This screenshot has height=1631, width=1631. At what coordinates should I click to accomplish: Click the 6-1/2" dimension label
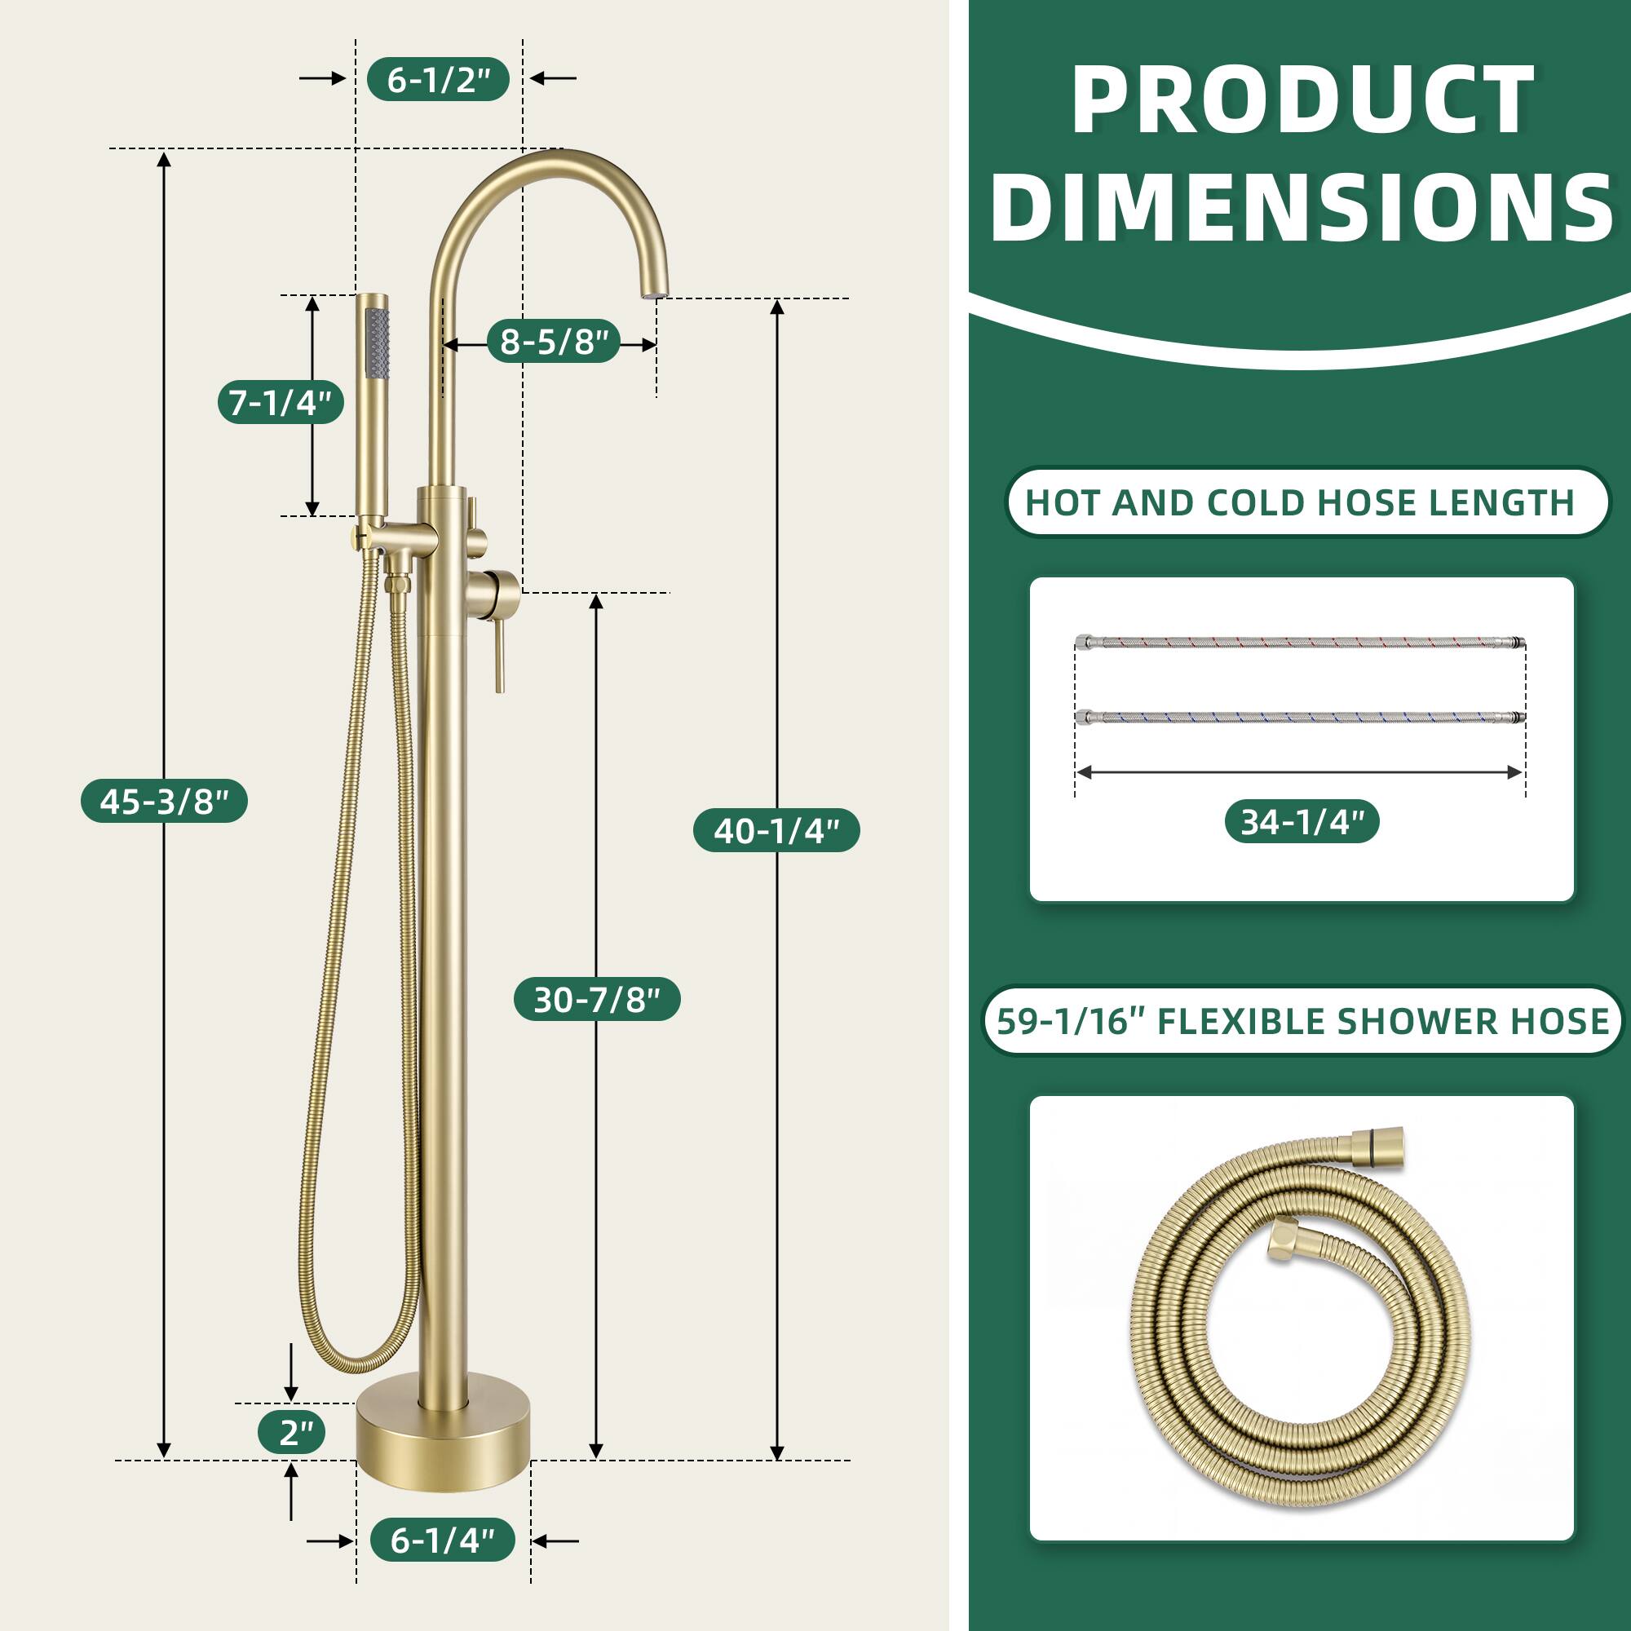(438, 80)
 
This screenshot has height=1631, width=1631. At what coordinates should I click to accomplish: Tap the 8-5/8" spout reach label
(554, 342)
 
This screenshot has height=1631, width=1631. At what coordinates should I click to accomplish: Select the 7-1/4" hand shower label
(281, 403)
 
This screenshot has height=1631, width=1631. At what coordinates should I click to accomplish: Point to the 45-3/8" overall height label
(165, 801)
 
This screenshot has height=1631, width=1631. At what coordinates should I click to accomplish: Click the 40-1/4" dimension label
(776, 831)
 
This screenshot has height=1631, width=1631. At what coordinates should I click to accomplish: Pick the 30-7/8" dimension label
(597, 1000)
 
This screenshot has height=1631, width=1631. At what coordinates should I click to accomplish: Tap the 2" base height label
(292, 1433)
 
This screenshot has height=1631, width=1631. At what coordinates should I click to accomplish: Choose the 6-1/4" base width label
(442, 1540)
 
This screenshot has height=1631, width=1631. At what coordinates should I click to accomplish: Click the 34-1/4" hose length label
(1302, 821)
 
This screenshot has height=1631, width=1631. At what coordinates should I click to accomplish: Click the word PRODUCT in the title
(1302, 101)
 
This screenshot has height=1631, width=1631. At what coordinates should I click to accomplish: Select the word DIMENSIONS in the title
(1302, 207)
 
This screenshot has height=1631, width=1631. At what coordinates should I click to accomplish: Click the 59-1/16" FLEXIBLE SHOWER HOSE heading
(1302, 1022)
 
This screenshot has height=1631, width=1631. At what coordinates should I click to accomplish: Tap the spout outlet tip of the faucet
(656, 294)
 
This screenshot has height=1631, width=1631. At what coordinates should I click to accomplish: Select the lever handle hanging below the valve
(500, 650)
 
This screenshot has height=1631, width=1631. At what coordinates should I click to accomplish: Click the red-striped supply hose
(1300, 643)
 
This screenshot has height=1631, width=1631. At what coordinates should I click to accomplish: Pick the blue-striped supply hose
(1300, 718)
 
